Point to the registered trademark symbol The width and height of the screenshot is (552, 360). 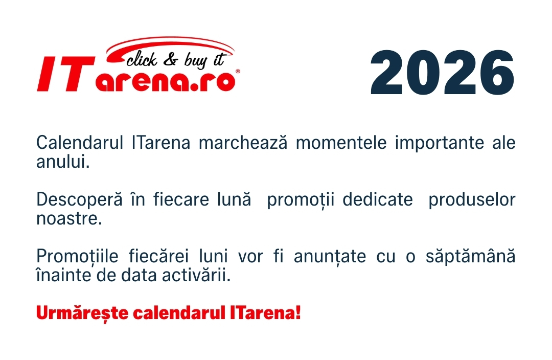(237, 72)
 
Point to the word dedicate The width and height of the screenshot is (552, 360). (377, 199)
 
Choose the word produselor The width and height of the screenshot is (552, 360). (472, 199)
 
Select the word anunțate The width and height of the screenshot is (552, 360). (330, 256)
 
